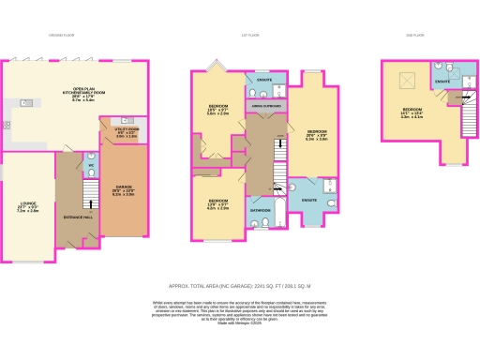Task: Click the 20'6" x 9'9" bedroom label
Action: pyautogui.click(x=317, y=134)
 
